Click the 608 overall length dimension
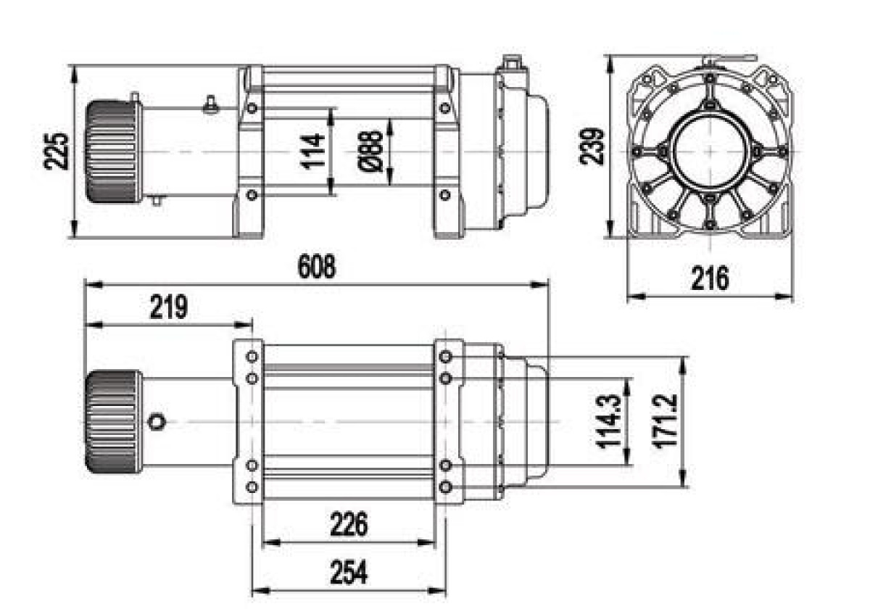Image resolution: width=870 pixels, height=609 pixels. coord(316,267)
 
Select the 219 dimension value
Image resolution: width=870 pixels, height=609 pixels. coord(168,307)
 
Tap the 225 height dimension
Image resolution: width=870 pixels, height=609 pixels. coord(57,152)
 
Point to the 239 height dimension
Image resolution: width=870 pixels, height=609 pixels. coord(592,146)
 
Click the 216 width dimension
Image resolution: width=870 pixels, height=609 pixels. coord(710,278)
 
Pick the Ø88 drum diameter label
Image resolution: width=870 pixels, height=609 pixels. coord(370,151)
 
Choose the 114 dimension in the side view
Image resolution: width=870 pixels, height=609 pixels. coord(312,151)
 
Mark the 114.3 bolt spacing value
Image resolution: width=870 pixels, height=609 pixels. coord(608,421)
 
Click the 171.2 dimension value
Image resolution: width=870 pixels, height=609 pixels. coord(666,421)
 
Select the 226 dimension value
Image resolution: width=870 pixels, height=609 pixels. coord(349,524)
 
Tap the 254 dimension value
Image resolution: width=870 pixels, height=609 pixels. coord(349,572)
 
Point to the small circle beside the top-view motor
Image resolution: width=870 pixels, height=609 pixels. coord(157,422)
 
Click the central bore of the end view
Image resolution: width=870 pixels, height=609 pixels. coord(710,152)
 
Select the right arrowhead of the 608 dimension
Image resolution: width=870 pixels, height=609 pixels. coord(539,285)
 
